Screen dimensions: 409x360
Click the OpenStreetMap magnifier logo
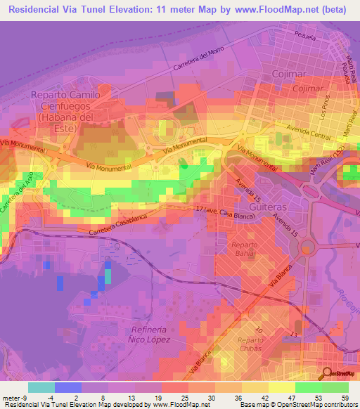point(328,373)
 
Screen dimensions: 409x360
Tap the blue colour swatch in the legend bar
point(67,387)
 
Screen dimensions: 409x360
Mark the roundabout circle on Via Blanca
point(307,247)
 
